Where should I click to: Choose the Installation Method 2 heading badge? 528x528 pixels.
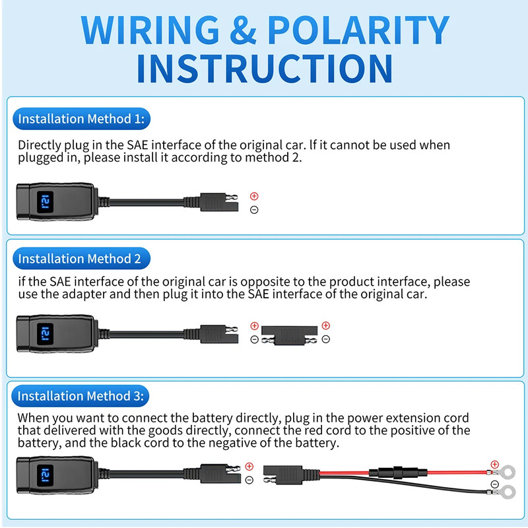pos(80,258)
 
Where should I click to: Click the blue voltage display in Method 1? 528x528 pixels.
pos(46,201)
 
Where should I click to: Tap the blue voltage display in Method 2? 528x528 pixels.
pos(46,331)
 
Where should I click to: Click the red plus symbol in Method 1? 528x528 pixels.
pos(254,196)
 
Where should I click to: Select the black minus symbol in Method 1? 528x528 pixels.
pos(254,210)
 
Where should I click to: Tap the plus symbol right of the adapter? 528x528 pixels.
pos(325,325)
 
